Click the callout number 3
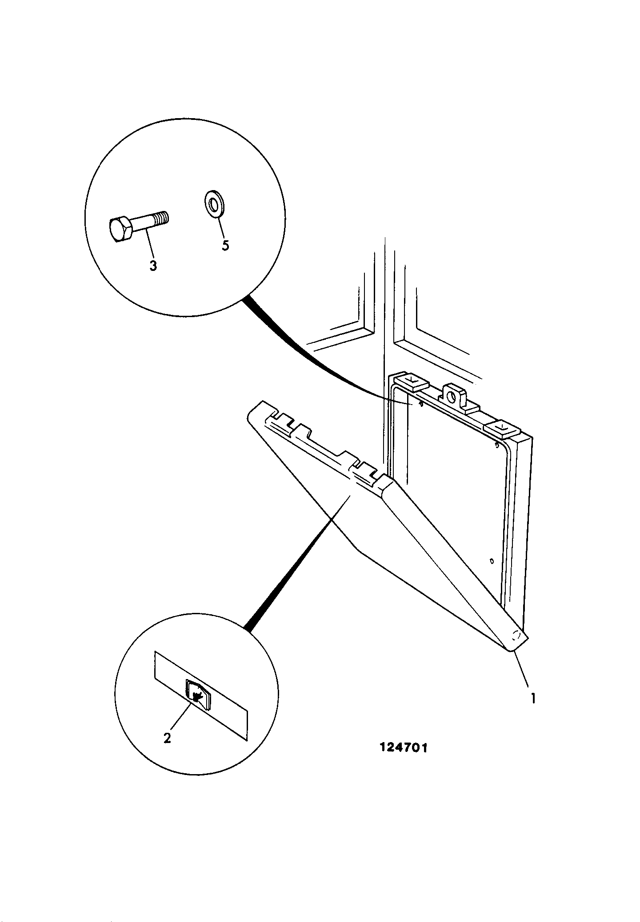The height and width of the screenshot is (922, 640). point(153,266)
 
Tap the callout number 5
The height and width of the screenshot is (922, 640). point(225,246)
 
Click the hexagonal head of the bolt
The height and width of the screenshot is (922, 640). point(120,230)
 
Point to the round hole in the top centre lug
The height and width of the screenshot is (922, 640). point(453,394)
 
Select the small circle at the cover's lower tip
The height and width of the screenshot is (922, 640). point(516,634)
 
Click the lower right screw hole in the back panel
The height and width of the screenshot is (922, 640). point(491,561)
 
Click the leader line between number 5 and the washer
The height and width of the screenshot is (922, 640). point(220,228)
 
